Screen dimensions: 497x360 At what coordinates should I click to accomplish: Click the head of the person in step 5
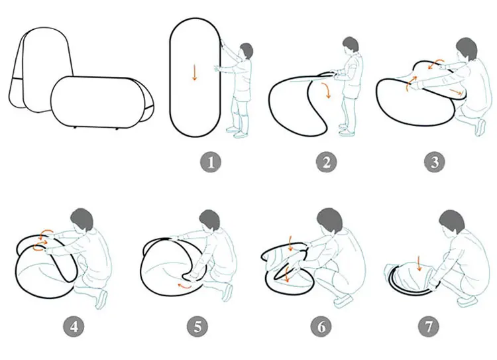tap(211, 221)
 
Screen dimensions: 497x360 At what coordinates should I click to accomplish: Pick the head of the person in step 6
tap(329, 221)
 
